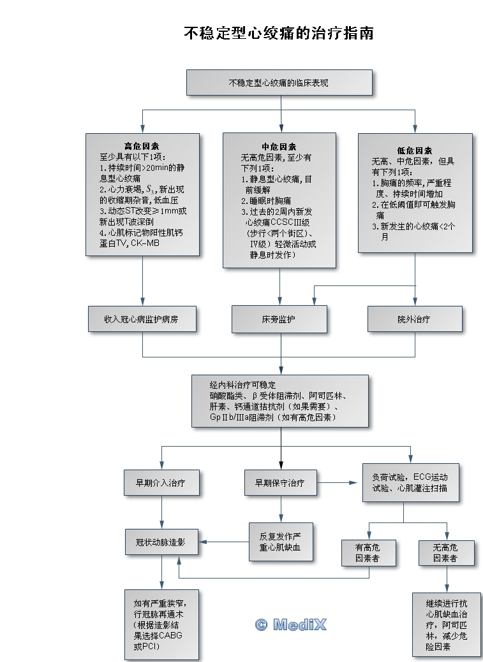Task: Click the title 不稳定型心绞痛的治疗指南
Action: click(278, 33)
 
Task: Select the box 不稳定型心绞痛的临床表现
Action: click(278, 83)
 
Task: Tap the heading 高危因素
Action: click(142, 146)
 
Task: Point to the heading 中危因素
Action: click(279, 146)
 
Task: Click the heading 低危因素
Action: click(415, 151)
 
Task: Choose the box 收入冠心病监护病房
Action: click(142, 319)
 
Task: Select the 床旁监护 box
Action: click(279, 319)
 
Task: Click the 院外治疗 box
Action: click(414, 319)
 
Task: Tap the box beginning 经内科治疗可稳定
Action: click(279, 401)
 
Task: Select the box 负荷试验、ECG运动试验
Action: click(410, 482)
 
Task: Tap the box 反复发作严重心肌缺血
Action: click(280, 542)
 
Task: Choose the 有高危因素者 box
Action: click(368, 552)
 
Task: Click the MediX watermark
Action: click(290, 624)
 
